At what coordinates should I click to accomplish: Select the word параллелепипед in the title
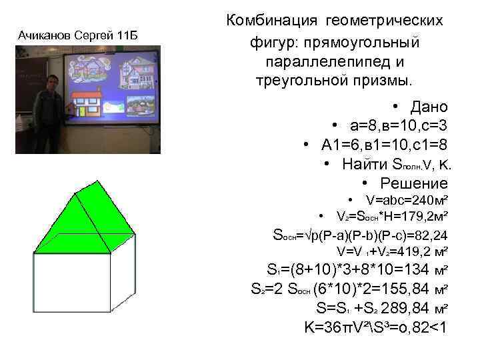pyautogui.click(x=334, y=61)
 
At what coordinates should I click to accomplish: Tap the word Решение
pyautogui.click(x=414, y=183)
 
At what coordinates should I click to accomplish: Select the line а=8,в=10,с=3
pyautogui.click(x=398, y=126)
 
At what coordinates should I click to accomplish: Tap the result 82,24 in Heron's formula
pyautogui.click(x=429, y=235)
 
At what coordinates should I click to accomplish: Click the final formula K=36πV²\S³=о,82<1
pyautogui.click(x=375, y=327)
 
